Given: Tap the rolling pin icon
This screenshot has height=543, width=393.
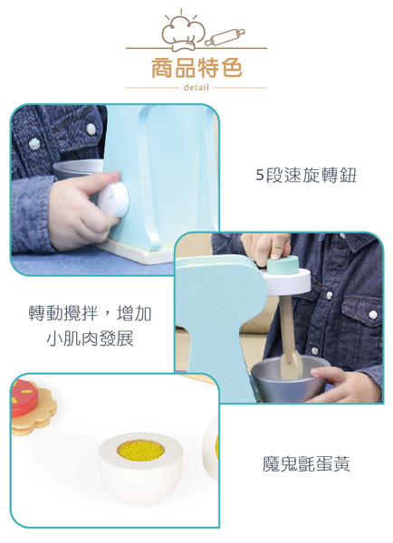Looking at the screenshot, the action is click(225, 37).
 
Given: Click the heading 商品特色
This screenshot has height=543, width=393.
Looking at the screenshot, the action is click(196, 68).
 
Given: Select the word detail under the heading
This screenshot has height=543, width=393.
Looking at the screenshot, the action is click(196, 88).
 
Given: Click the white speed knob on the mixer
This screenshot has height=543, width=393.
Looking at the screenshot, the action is click(114, 200).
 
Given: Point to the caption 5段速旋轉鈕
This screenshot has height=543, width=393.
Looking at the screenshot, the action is click(306, 175).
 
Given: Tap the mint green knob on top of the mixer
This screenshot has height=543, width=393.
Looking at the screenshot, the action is click(283, 264).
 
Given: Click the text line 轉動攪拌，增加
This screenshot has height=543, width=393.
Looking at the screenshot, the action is click(91, 313).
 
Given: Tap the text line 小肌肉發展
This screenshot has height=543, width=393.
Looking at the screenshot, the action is click(91, 338).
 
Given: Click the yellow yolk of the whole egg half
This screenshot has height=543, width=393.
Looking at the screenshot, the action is click(140, 450).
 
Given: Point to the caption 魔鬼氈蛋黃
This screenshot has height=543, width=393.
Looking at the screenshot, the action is click(306, 463).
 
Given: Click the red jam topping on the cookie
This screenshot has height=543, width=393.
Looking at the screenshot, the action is click(24, 398).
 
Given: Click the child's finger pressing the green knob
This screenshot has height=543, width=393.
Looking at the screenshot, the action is click(280, 246).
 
